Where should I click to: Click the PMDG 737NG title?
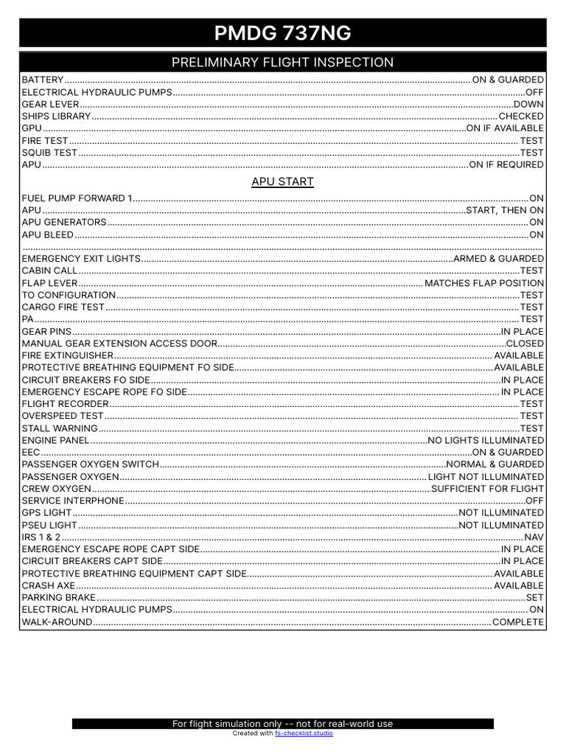pos(282,33)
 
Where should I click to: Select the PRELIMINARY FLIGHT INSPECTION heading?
pos(282,63)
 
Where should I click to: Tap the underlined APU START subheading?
pos(282,181)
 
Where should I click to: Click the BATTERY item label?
pos(43,80)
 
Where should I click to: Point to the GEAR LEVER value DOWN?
pos(528,104)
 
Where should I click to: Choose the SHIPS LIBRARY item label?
pos(56,116)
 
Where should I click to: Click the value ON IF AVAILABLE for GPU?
pos(505,128)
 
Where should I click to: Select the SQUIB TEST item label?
pos(49,153)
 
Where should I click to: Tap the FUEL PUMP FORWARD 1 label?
pos(77,198)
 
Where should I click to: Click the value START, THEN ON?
pos(505,210)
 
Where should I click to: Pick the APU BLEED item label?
pos(48,234)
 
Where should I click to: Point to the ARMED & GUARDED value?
pos(499,259)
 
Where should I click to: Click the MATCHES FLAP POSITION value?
pos(484,283)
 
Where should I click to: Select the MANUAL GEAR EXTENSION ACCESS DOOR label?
pos(119,344)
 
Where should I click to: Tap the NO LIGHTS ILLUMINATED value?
pos(486,440)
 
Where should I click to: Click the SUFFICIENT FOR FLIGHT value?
pos(487,488)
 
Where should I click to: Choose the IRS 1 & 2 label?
pos(41,537)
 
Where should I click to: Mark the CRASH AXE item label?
pos(49,585)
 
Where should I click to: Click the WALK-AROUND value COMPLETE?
pos(518,622)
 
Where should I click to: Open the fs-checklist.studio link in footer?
pos(304,734)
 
